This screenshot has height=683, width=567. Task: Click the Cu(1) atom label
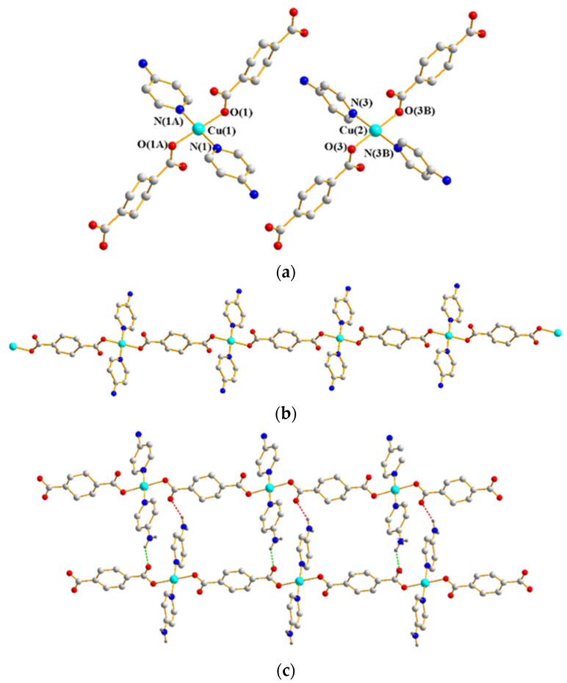[220, 132]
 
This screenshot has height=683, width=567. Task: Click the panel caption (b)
[283, 414]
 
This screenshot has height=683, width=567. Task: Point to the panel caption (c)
[283, 670]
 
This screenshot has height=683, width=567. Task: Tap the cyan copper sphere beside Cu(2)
[375, 131]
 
